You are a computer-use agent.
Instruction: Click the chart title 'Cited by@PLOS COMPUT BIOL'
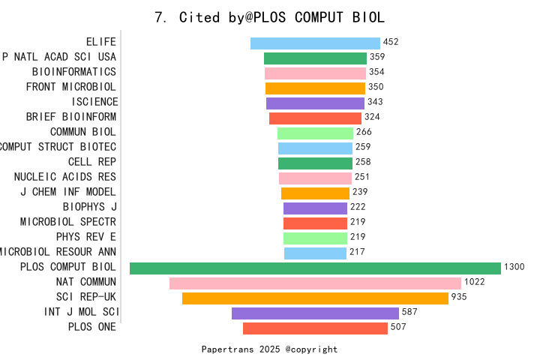click(x=269, y=17)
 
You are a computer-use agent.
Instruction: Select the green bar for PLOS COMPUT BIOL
click(x=315, y=268)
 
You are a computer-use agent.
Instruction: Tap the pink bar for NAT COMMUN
click(x=315, y=283)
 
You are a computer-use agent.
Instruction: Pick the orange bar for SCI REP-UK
click(x=315, y=298)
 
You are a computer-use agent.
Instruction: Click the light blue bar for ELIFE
click(x=315, y=43)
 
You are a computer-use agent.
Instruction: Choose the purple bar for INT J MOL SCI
click(x=315, y=313)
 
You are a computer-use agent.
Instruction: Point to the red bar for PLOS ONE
click(x=315, y=328)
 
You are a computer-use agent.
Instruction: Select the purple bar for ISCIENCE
click(x=315, y=103)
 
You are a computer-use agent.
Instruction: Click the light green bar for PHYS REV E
click(x=315, y=238)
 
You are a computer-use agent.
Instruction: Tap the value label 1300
click(x=514, y=268)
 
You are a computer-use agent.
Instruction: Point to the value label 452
click(x=391, y=43)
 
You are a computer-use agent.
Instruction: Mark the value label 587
click(x=409, y=313)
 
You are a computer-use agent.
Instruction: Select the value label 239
click(x=360, y=193)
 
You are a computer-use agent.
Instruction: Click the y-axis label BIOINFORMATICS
click(x=74, y=72)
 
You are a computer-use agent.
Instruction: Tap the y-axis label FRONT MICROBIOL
click(x=71, y=87)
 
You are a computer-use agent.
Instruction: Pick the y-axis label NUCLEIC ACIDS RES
click(x=65, y=177)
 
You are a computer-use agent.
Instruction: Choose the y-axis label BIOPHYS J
click(x=89, y=207)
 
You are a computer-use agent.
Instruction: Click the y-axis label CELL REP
click(x=92, y=162)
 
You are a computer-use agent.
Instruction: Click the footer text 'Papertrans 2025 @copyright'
click(x=269, y=349)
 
